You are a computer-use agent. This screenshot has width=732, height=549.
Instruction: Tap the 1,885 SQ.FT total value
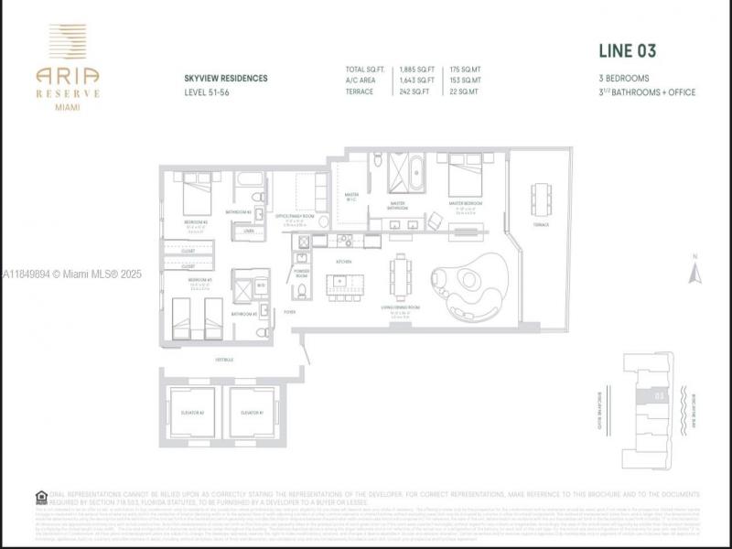[415, 69]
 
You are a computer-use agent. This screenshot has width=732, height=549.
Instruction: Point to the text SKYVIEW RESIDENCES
[226, 79]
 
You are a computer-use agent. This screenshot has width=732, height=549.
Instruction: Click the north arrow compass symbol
[694, 272]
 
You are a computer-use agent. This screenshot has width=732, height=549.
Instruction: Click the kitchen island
[340, 284]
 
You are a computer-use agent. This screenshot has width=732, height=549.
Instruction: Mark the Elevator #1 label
[252, 412]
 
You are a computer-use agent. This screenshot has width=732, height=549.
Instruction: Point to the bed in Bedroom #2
[196, 197]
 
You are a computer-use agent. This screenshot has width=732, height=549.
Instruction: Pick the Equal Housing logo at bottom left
[41, 497]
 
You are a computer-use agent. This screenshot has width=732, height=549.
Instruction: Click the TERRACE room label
[542, 225]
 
